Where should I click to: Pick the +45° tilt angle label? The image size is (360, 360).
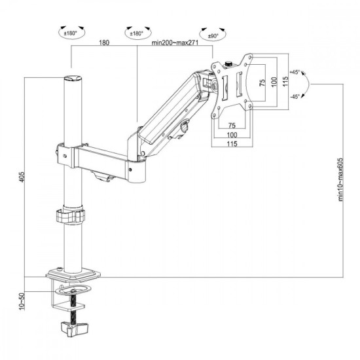click(294, 73)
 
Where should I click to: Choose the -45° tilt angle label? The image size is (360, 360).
click(294, 96)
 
